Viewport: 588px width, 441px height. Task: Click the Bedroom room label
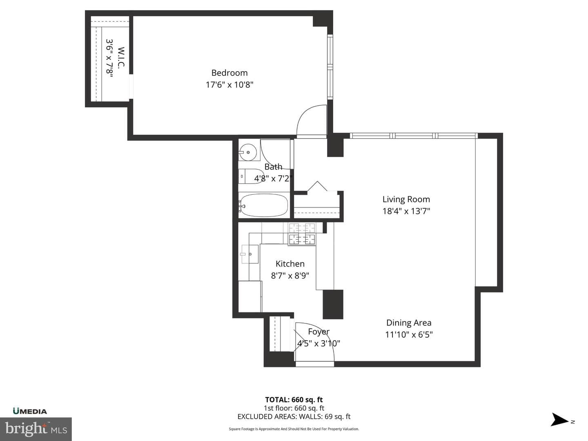pyautogui.click(x=229, y=73)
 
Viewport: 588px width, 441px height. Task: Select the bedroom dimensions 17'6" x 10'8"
pyautogui.click(x=229, y=85)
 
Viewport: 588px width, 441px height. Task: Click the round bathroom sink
pyautogui.click(x=248, y=152)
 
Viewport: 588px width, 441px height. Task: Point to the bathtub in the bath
pyautogui.click(x=263, y=205)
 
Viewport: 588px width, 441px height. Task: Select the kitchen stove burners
pyautogui.click(x=302, y=234)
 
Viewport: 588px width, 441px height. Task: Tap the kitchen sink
pyautogui.click(x=250, y=254)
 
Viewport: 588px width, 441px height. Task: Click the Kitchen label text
pyautogui.click(x=290, y=264)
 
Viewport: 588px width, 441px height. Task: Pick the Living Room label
pyautogui.click(x=406, y=199)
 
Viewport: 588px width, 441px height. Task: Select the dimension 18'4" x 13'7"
pyautogui.click(x=406, y=211)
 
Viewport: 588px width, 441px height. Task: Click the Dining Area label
pyautogui.click(x=409, y=323)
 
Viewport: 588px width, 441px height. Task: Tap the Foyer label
pyautogui.click(x=318, y=332)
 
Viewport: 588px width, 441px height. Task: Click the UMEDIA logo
pyautogui.click(x=30, y=411)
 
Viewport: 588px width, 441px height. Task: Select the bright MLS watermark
pyautogui.click(x=36, y=429)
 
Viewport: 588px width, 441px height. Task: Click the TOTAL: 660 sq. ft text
pyautogui.click(x=294, y=400)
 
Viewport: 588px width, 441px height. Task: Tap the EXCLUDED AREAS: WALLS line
pyautogui.click(x=294, y=416)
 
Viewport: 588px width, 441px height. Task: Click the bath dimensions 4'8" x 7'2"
pyautogui.click(x=273, y=178)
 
